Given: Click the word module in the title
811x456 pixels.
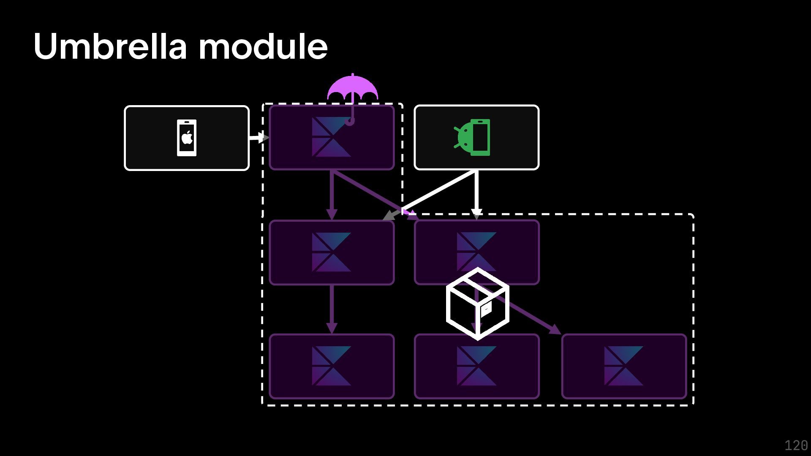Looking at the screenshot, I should click(263, 46).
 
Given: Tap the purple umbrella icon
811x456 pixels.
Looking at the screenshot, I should click(352, 88).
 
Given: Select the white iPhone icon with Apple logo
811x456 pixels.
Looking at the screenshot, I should click(187, 138).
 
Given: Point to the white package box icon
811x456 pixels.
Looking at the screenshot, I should click(477, 304).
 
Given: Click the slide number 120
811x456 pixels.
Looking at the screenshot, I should click(796, 445).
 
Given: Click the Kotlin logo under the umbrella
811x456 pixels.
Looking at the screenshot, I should click(331, 137).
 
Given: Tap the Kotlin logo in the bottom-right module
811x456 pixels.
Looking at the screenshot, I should click(623, 366).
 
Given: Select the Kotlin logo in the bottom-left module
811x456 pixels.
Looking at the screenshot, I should click(331, 366).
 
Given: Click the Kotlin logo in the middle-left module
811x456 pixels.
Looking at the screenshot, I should click(331, 252).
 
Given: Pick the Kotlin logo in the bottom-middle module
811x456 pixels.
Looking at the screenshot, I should click(476, 366).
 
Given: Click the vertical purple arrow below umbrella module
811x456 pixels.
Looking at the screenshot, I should click(332, 194).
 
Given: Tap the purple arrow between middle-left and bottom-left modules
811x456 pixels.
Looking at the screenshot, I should click(332, 308).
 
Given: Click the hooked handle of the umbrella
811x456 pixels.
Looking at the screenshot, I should click(350, 121).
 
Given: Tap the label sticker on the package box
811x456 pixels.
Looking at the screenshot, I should click(486, 309).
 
